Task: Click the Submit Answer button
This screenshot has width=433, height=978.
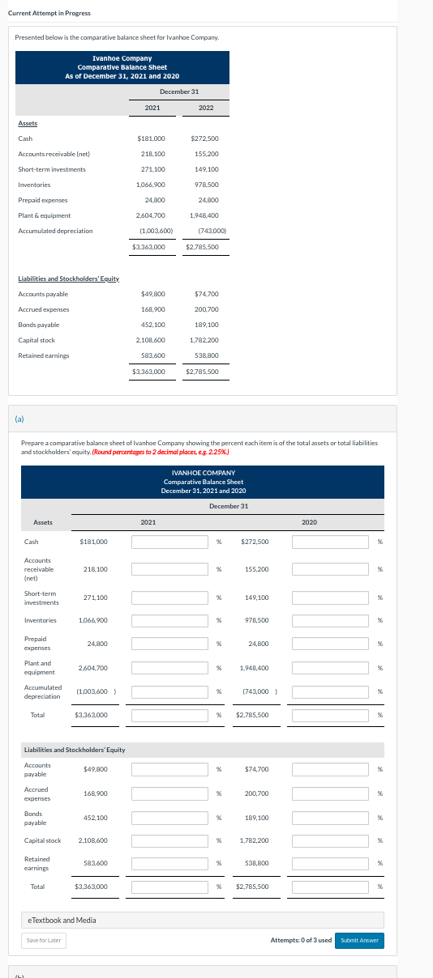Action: click(361, 940)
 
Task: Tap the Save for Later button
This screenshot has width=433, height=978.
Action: click(45, 940)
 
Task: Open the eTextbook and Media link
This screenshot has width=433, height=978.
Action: click(62, 920)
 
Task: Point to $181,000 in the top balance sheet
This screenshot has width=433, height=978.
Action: click(152, 138)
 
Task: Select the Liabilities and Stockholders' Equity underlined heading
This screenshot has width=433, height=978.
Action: click(69, 279)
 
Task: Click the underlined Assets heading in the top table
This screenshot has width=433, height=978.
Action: click(28, 123)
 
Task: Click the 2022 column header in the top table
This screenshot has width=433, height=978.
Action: click(206, 107)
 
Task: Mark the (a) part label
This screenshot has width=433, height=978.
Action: click(19, 419)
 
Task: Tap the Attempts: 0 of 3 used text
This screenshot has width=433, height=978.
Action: click(300, 940)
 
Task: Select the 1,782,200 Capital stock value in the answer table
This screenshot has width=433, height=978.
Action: click(255, 840)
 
